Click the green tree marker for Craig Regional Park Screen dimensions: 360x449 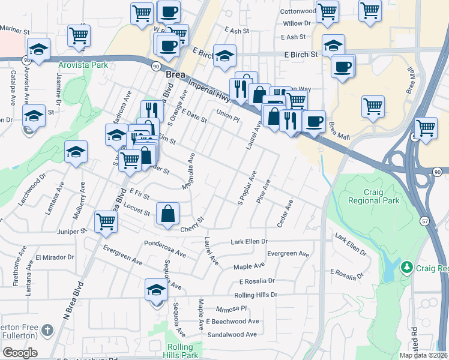406,266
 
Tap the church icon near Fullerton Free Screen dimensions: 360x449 47,331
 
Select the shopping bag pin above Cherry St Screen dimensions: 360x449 168,214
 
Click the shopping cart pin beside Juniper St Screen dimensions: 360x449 106,221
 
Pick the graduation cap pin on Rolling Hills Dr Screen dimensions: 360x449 155,290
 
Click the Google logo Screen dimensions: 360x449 20,353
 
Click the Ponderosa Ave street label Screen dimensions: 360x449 165,248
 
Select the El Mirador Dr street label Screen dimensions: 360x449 54,257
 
